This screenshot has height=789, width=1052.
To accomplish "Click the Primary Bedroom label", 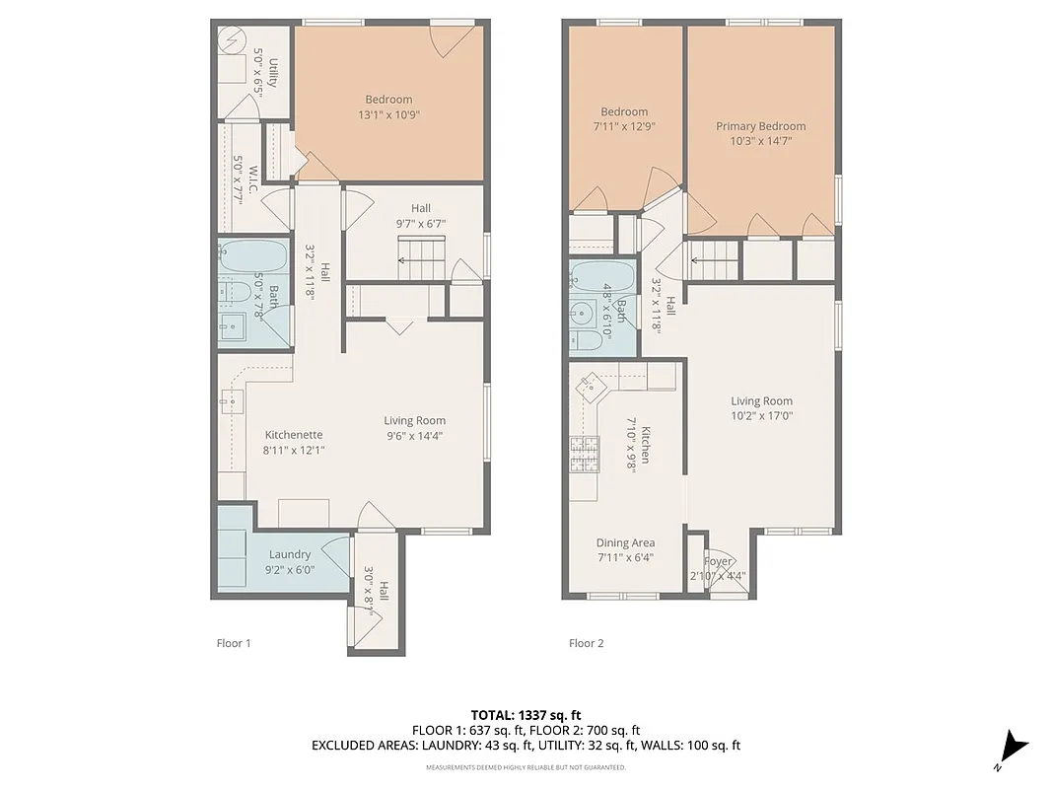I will [760, 126].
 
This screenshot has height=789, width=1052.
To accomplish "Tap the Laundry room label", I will [289, 554].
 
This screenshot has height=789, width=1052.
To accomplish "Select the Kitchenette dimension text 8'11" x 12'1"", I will [294, 450].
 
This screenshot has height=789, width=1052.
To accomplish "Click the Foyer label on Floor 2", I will [718, 562].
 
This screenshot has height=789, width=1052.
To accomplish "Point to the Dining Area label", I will [625, 542].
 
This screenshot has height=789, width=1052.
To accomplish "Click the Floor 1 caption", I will [234, 643].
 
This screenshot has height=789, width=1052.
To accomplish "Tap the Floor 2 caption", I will [586, 643].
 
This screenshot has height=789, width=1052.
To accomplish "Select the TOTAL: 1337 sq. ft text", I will [526, 714].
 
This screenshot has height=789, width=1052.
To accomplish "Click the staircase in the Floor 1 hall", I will [422, 263].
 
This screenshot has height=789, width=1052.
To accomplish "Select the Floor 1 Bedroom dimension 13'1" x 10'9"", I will [388, 114].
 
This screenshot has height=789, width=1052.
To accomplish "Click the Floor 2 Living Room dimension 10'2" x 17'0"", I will [761, 416].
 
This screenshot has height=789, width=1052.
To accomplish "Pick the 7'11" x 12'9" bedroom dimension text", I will [624, 126].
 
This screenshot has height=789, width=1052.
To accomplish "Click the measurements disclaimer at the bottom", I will [526, 766].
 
